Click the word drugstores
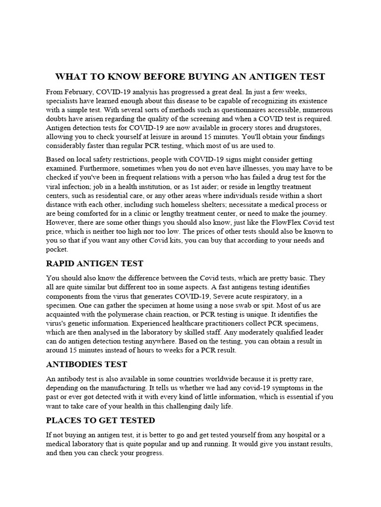coord(299,128)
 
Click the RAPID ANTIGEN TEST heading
coord(94,263)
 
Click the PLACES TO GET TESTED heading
coord(100,420)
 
